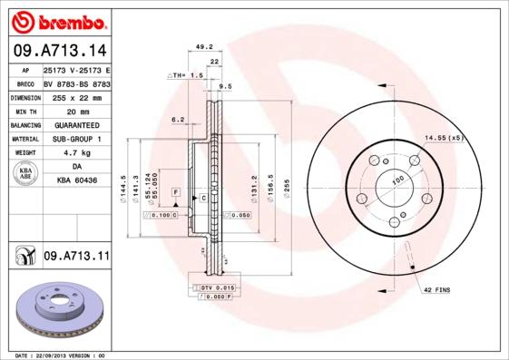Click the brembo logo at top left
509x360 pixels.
(x=55, y=19)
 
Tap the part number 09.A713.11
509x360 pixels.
(x=76, y=257)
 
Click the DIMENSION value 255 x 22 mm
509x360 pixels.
(x=76, y=96)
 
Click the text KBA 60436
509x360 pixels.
(x=76, y=181)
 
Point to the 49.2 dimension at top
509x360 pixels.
(x=204, y=46)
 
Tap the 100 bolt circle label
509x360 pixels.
(x=396, y=181)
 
